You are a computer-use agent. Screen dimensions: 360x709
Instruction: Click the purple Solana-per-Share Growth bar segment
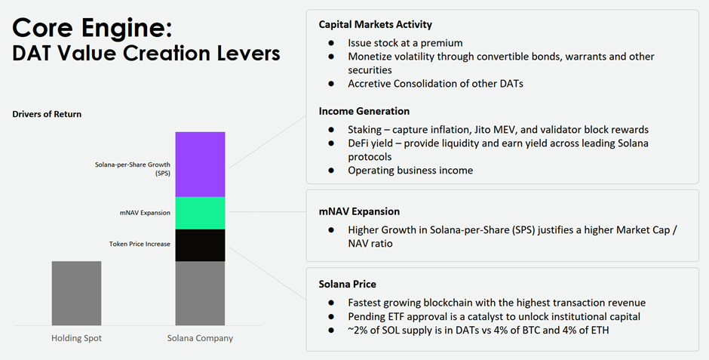(x=200, y=164)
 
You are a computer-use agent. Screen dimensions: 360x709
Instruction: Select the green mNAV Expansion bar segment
(x=200, y=213)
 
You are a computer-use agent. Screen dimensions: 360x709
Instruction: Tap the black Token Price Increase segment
(x=200, y=245)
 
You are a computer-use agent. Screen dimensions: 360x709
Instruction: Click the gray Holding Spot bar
(x=76, y=293)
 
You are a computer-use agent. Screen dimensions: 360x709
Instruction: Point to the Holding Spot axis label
(x=76, y=338)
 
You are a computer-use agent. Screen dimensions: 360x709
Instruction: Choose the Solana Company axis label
(x=200, y=338)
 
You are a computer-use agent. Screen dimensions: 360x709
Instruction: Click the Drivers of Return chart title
(x=47, y=114)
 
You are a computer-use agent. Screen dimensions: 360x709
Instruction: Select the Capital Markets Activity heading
(x=375, y=25)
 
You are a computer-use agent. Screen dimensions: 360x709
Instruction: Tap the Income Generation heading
(x=364, y=112)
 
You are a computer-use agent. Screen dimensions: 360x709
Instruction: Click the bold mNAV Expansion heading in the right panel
(x=359, y=211)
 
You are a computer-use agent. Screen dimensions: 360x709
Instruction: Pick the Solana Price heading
(x=348, y=284)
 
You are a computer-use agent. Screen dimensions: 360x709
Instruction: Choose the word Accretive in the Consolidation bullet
(x=371, y=84)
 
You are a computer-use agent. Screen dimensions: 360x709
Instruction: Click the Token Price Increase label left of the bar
(x=140, y=243)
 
